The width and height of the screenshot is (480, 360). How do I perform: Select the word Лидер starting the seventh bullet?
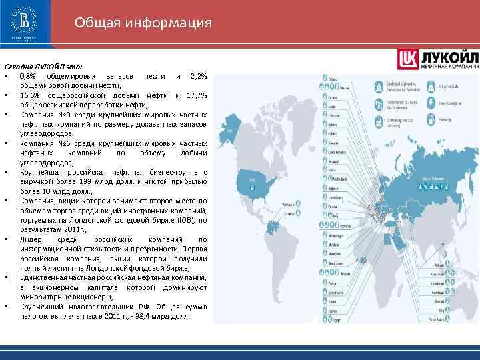(x=31, y=238)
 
